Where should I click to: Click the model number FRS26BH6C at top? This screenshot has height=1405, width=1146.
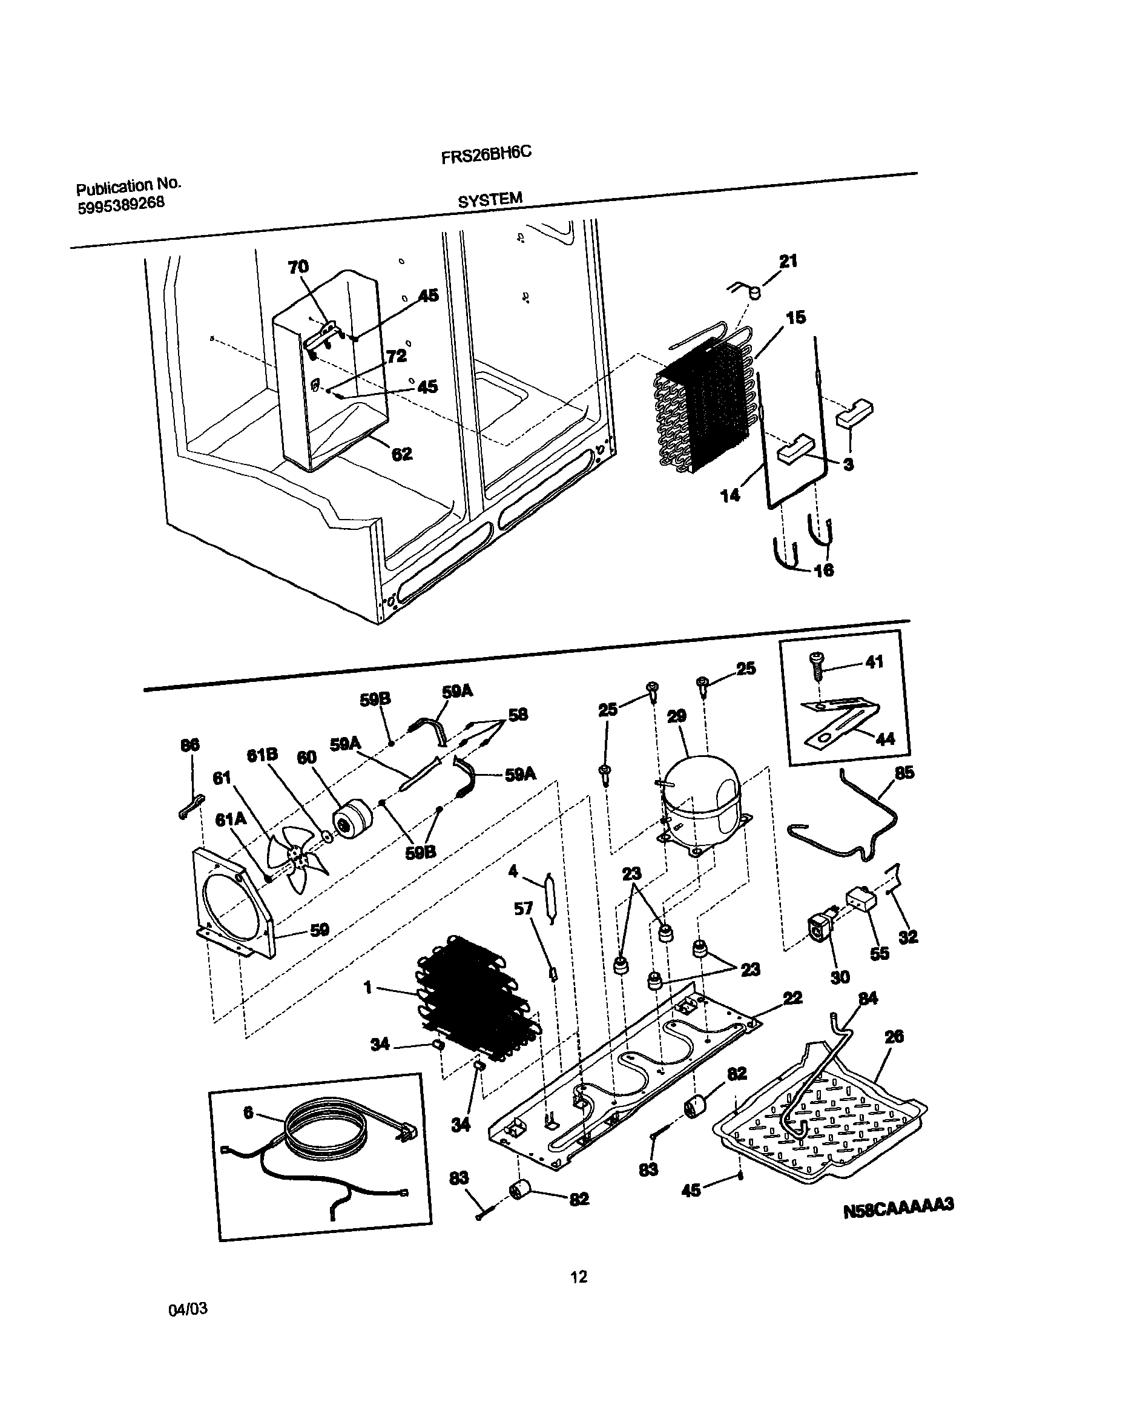point(486,155)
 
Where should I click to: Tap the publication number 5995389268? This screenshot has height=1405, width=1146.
point(121,205)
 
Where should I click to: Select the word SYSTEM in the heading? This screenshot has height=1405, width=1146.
point(490,200)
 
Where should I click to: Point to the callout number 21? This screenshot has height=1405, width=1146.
point(788,262)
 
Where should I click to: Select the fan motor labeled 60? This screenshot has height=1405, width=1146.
point(352,819)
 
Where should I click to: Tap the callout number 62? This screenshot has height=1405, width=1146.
point(401,454)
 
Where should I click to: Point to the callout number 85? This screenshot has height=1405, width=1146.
point(904,773)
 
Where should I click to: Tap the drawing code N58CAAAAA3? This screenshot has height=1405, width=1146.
point(898,1206)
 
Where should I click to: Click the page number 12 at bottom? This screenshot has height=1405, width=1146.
point(578,1277)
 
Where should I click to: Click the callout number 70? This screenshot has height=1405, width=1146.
point(298,266)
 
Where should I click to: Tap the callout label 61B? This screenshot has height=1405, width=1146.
point(262,755)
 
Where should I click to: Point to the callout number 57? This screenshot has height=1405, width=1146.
point(523,909)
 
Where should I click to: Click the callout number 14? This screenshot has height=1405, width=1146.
point(730,495)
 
